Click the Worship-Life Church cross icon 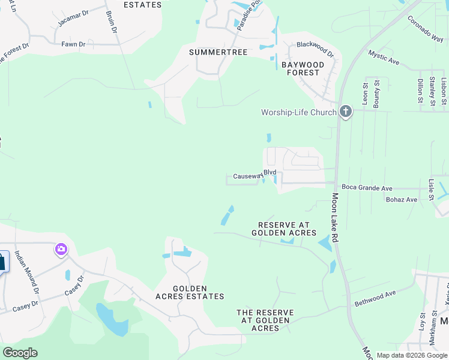(x=345, y=112)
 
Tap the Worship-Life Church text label (x=298, y=112)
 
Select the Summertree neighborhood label (x=218, y=52)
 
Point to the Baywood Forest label (x=303, y=68)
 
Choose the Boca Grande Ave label (x=367, y=188)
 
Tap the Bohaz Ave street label (x=402, y=200)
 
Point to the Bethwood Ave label (x=375, y=298)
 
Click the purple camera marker (x=61, y=249)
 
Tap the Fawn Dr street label (x=73, y=44)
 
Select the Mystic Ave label (x=384, y=58)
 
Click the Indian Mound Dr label (x=27, y=272)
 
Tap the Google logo (x=20, y=352)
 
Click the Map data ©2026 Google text (x=411, y=355)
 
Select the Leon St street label (x=364, y=93)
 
